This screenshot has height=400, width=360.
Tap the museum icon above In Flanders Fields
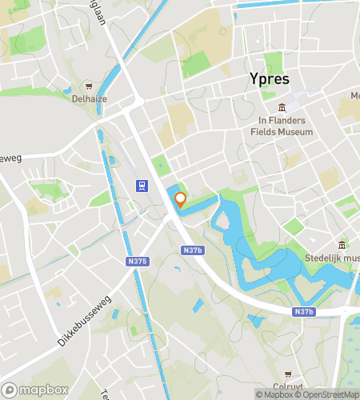point(282,108)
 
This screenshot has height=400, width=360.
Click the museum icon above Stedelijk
point(342,245)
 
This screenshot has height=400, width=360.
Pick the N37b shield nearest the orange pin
point(191,250)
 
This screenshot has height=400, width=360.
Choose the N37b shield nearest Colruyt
point(302,311)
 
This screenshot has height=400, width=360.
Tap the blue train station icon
point(141,186)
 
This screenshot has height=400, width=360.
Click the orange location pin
point(180,200)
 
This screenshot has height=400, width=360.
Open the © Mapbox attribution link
point(275,394)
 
